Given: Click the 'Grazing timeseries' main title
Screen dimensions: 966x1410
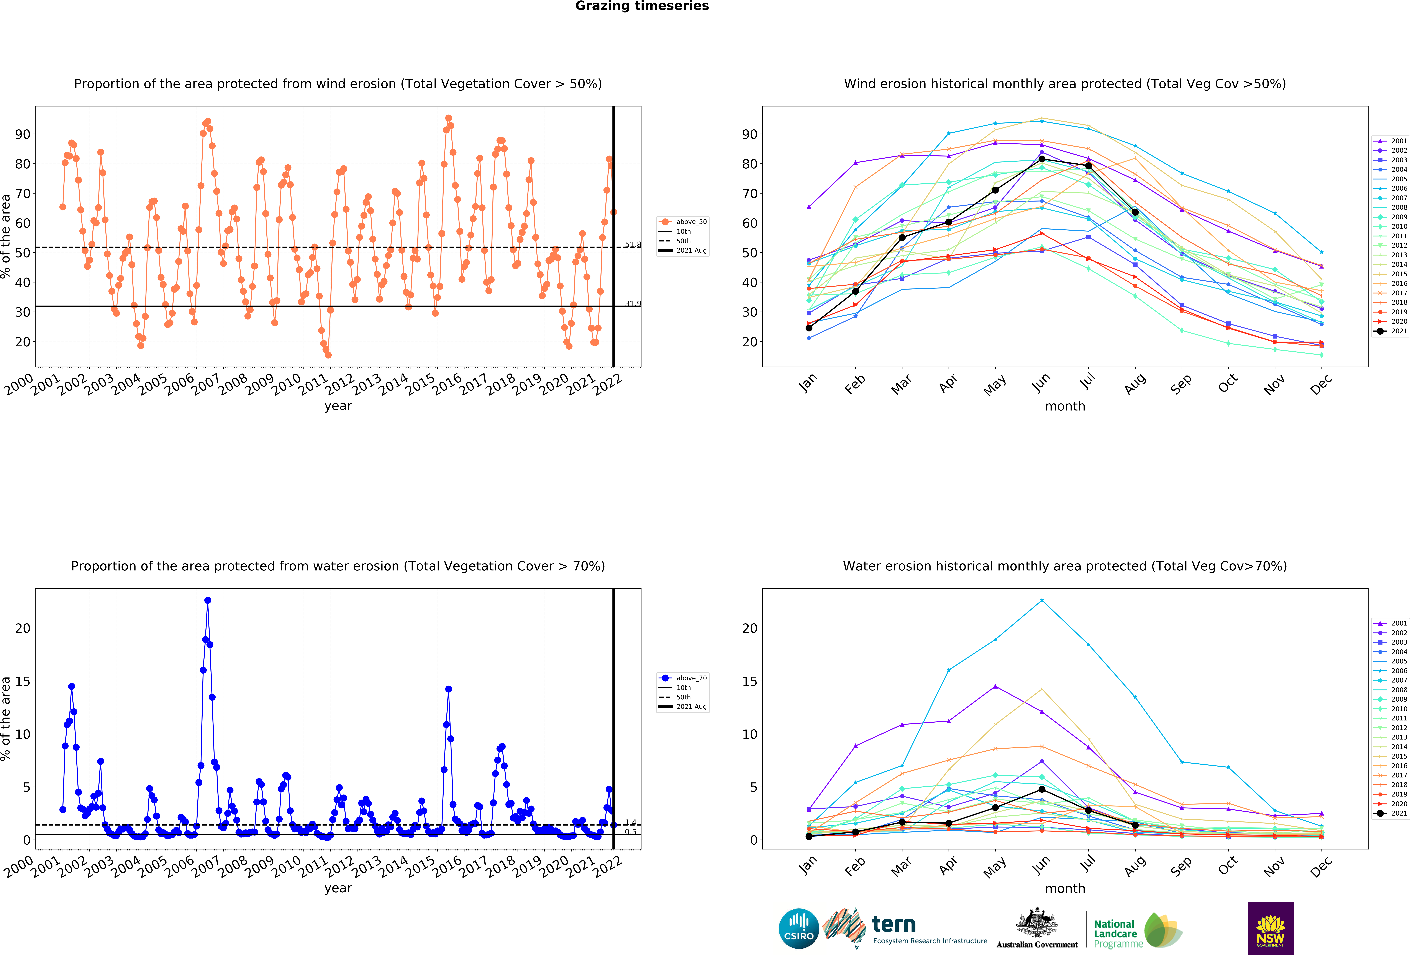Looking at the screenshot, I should pos(642,6).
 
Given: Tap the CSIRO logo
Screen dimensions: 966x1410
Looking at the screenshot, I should pos(798,928).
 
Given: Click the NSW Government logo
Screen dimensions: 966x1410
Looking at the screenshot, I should pos(1271,928).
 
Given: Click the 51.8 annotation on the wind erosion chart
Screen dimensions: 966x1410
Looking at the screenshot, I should pos(633,244).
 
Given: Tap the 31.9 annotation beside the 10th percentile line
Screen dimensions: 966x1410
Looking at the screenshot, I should pos(633,303).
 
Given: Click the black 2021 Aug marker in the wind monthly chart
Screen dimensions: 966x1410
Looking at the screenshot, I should pos(1135,212).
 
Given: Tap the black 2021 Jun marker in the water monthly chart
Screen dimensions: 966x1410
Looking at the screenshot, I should pos(1042,789).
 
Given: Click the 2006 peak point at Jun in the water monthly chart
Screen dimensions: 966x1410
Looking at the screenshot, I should pos(1042,600).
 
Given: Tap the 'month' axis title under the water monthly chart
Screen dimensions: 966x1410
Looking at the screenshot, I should pos(1065,888).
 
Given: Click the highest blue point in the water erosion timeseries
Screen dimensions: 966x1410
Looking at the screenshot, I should pos(208,600).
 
